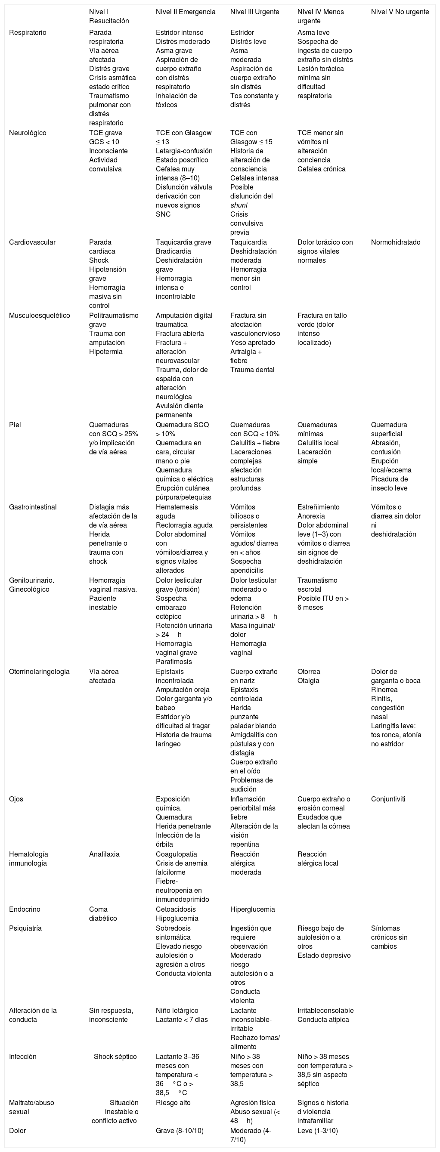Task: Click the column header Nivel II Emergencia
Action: pyautogui.click(x=185, y=12)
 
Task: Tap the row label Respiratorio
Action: pyautogui.click(x=27, y=33)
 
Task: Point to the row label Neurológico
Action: pyautogui.click(x=27, y=133)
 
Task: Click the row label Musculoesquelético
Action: pyautogui.click(x=39, y=315)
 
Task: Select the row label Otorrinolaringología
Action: pyautogui.click(x=39, y=671)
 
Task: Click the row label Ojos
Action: pyautogui.click(x=16, y=799)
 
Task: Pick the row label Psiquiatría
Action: pyautogui.click(x=25, y=928)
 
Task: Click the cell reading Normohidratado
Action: pyautogui.click(x=395, y=242)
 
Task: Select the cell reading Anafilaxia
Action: pyautogui.click(x=104, y=854)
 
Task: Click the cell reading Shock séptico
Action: pyautogui.click(x=115, y=1056)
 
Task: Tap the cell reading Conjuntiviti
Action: pyautogui.click(x=387, y=799)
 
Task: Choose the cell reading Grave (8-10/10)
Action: pyautogui.click(x=179, y=1130)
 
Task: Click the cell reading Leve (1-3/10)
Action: pyautogui.click(x=317, y=1130)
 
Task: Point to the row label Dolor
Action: pyautogui.click(x=18, y=1130)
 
